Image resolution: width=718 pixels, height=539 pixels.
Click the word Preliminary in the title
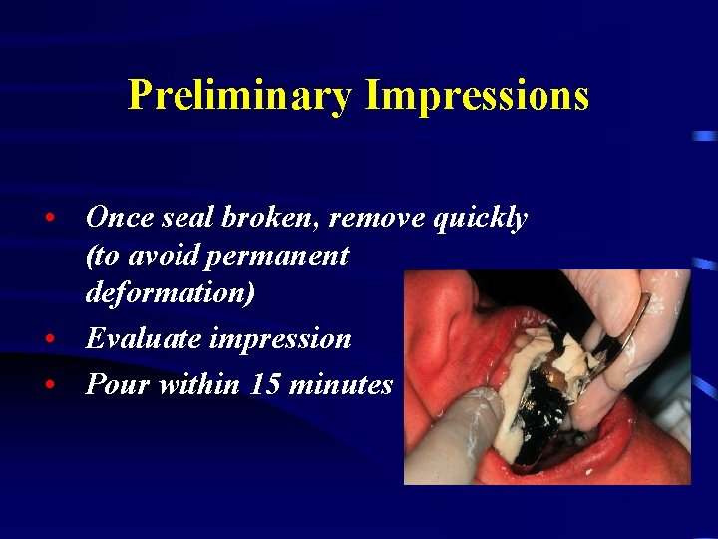click(x=240, y=96)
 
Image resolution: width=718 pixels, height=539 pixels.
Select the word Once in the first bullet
click(x=120, y=217)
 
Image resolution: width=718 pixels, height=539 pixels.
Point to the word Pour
click(x=114, y=384)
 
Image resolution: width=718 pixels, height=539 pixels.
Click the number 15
click(x=262, y=384)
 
